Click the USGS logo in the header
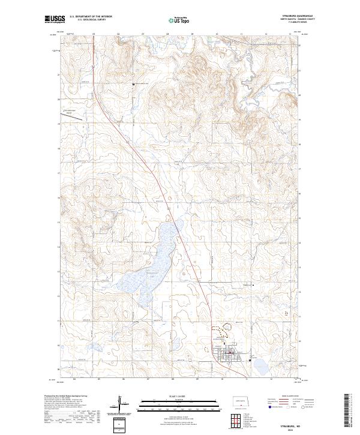click(x=55, y=20)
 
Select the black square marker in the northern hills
click(x=133, y=84)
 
